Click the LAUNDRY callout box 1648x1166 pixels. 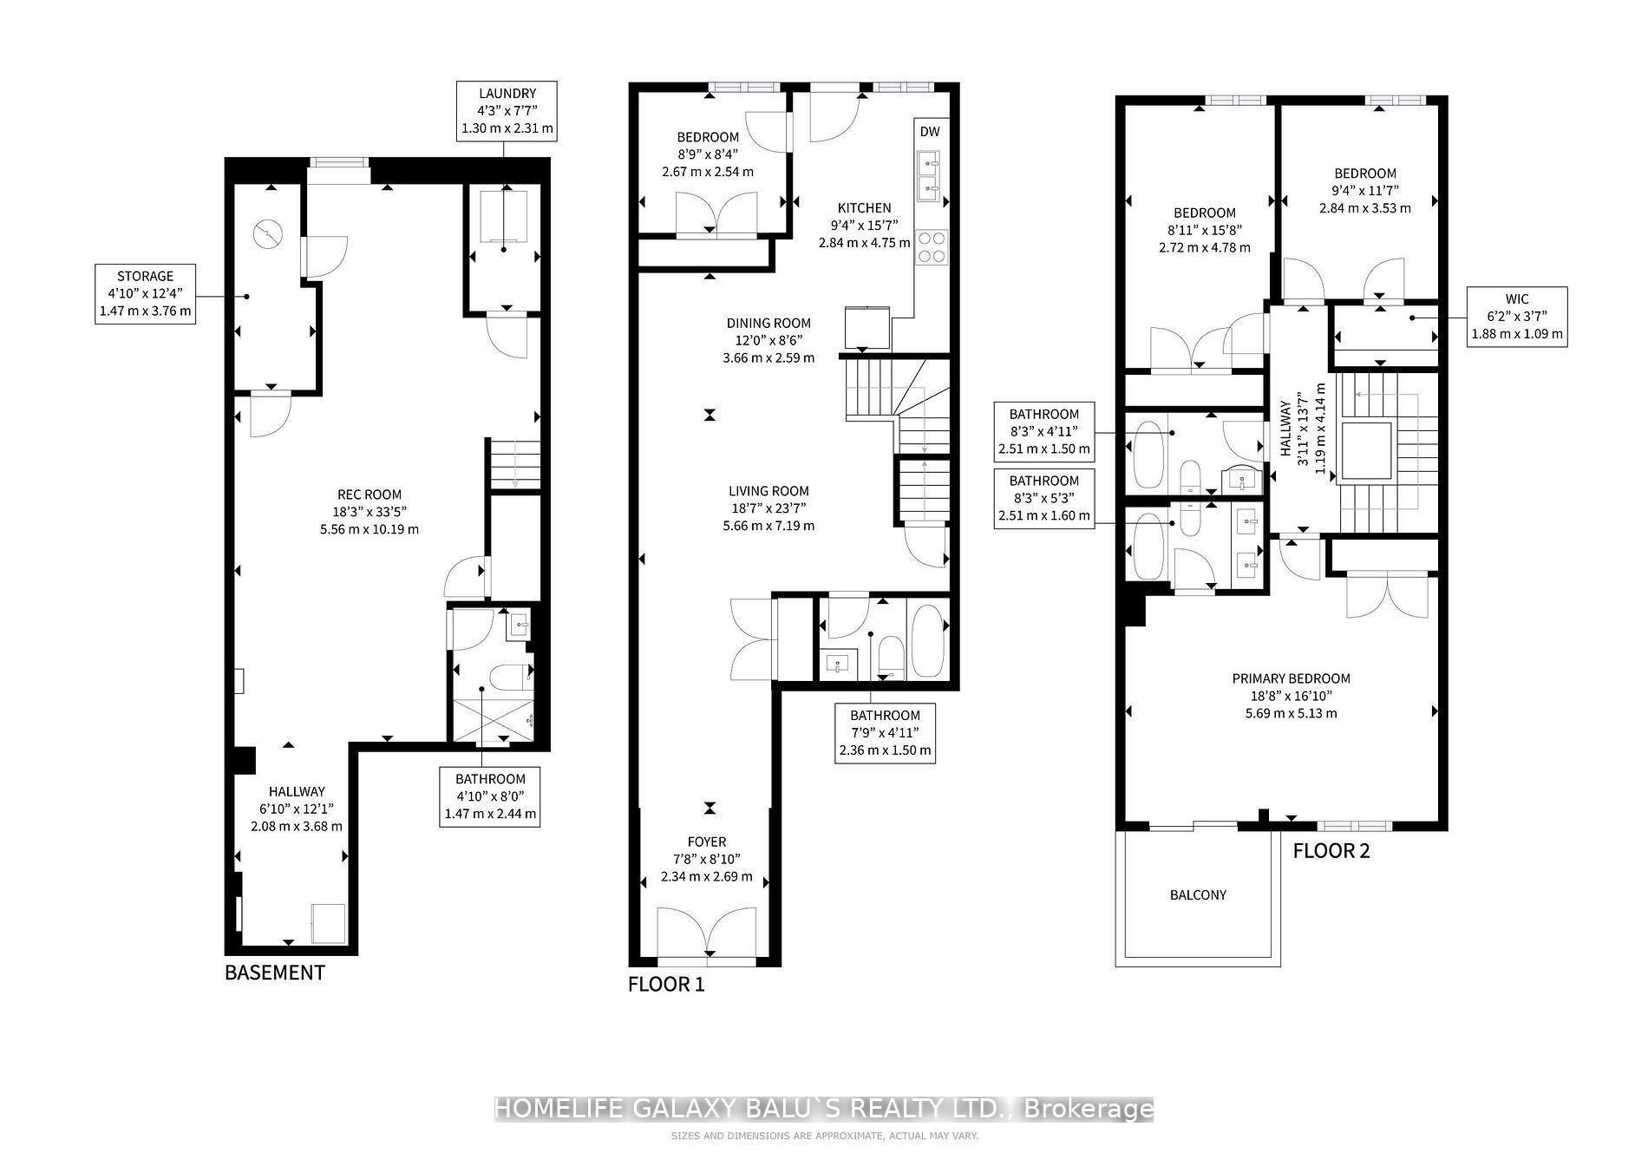507,112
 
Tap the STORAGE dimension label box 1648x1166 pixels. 145,294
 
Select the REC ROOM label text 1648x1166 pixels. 369,512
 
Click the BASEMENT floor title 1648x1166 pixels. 274,973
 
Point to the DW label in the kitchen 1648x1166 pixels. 929,132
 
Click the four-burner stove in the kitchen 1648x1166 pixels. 932,246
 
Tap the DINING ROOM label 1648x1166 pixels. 768,340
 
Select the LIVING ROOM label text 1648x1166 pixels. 768,508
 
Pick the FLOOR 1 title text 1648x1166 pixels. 666,985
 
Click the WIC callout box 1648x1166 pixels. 1517,317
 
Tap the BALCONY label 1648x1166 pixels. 1198,894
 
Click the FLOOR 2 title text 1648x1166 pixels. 1331,851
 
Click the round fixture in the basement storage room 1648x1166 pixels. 268,233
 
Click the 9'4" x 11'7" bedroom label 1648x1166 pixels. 1364,191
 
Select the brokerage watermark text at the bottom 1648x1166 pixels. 823,1109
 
